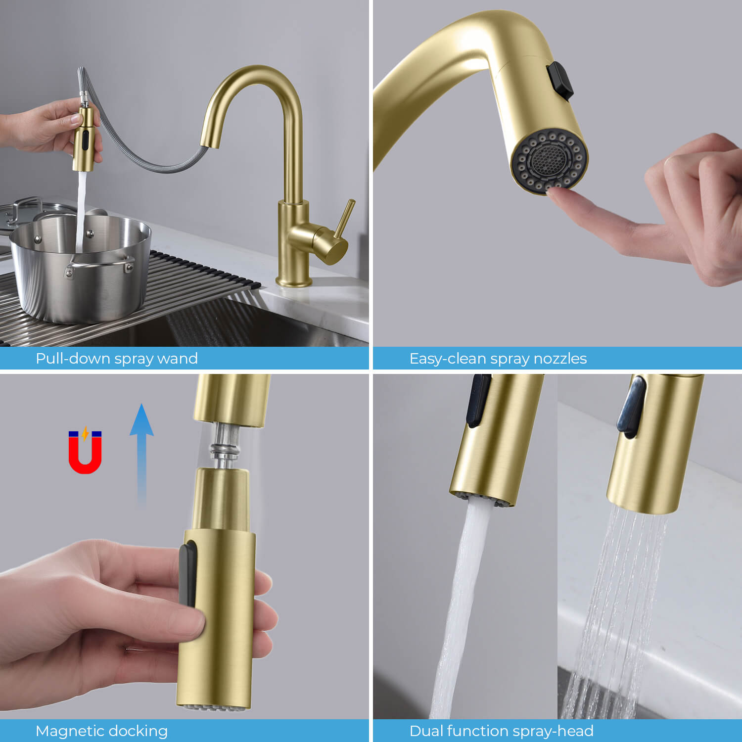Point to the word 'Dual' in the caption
(x=426, y=731)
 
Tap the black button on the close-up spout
(x=561, y=79)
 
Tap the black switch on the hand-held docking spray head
(x=187, y=574)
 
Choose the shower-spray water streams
(x=618, y=618)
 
